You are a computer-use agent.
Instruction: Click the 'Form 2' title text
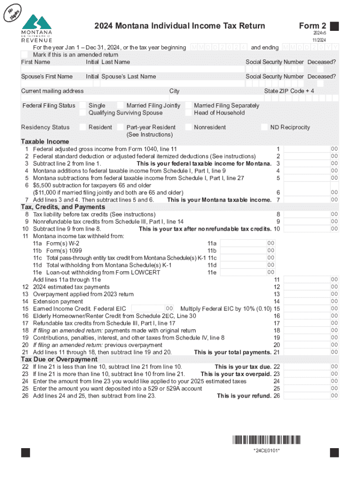312,26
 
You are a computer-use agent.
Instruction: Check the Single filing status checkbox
83,106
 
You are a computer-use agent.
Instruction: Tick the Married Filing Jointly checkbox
121,106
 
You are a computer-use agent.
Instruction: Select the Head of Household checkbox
189,113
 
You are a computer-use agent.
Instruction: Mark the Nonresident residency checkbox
189,127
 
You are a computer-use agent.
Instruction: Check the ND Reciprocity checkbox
265,127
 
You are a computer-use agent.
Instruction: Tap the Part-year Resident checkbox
121,127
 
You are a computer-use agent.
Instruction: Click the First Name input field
52,69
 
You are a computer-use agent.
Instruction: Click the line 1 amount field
307,149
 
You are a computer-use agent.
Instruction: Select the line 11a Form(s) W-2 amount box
243,243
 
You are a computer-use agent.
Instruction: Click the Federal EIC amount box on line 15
149,308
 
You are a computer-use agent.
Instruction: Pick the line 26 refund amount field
307,396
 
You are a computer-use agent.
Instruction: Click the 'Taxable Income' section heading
45,142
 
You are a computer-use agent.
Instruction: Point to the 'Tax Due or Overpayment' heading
59,359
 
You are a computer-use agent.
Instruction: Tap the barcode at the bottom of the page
266,440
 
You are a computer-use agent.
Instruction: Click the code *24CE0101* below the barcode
266,450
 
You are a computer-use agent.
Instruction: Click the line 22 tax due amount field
307,367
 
